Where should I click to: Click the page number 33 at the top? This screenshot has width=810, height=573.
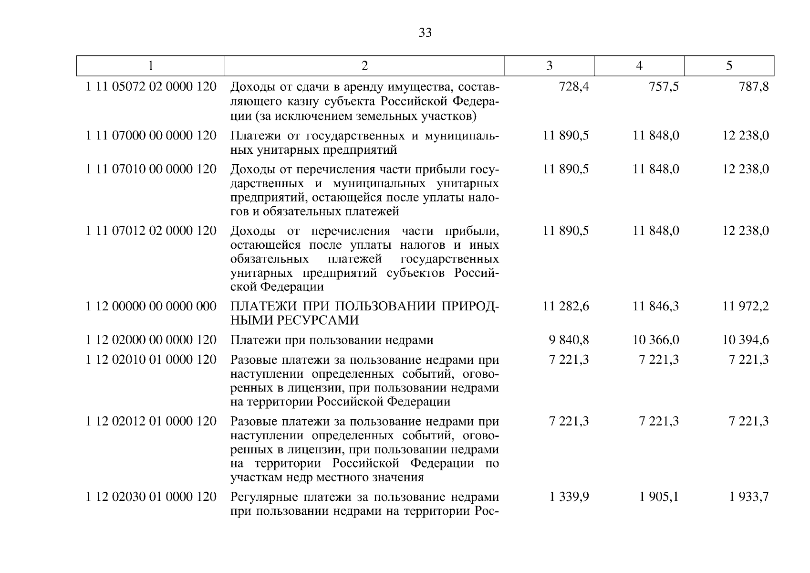[425, 32]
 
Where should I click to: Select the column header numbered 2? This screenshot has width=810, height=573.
[364, 66]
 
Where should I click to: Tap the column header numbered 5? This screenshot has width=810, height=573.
[729, 66]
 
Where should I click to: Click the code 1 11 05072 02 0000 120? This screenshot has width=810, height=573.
[151, 87]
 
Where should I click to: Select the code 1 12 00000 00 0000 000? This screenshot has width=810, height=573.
[151, 306]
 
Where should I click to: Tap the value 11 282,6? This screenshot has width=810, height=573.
[566, 306]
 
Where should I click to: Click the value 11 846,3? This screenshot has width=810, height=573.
[656, 306]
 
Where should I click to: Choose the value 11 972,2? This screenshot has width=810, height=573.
[746, 306]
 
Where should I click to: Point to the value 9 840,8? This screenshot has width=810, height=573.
[569, 340]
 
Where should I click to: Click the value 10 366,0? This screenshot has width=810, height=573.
[656, 340]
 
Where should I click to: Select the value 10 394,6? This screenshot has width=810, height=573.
[746, 340]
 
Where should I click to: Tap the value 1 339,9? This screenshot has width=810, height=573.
[569, 497]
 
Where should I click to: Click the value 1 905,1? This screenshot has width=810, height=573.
[659, 497]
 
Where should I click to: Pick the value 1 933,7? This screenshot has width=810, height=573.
[749, 497]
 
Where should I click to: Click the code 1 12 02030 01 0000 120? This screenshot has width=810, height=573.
[151, 497]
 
